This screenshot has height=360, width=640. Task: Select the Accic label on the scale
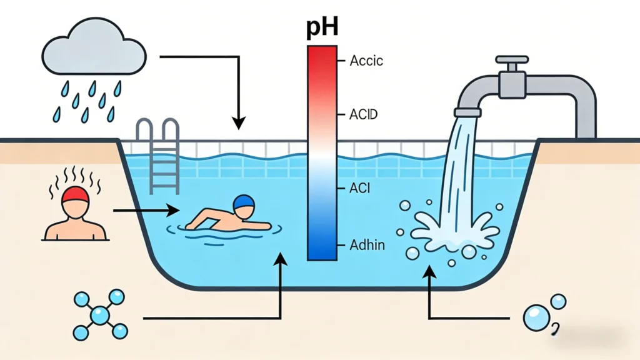tap(366, 61)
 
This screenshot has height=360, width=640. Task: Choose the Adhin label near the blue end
tap(367, 245)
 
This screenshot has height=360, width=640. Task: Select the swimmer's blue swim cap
tap(244, 203)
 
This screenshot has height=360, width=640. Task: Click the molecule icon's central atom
tap(99, 316)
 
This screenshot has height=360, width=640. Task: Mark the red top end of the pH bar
tap(321, 53)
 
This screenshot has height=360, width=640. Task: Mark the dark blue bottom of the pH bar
tap(321, 253)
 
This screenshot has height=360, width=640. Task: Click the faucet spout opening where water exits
tap(467, 113)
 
